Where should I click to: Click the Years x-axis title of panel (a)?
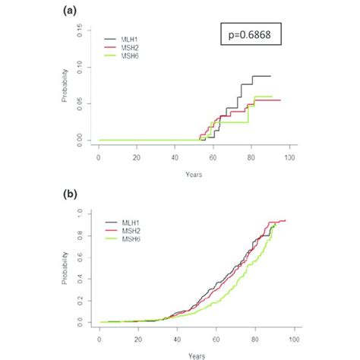click(194, 173)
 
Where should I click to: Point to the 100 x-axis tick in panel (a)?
click(289, 158)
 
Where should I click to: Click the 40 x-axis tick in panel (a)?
click(175, 158)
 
